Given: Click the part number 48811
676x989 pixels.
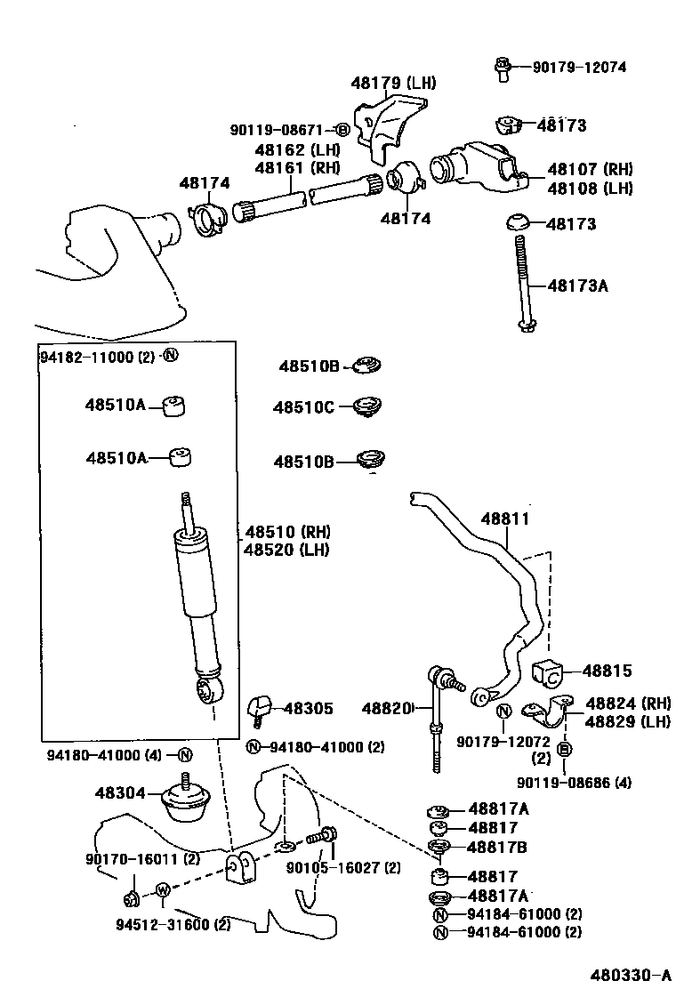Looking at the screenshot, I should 505,519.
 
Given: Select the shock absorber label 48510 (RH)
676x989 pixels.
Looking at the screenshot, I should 287,532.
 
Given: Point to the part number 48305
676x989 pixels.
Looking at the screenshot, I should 308,709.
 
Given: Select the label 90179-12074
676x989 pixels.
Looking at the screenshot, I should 579,67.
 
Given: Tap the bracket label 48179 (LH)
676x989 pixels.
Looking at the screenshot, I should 393,83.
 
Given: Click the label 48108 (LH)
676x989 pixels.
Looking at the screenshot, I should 590,189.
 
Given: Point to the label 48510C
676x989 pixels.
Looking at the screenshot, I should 303,407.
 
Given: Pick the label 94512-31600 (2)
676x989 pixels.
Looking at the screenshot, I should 173,924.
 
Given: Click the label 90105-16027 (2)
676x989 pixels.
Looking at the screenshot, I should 343,868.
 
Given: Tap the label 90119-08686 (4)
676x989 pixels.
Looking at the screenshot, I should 573,783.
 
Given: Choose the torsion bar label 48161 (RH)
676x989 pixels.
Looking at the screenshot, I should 297,167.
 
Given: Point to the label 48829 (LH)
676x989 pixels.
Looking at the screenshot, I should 627,721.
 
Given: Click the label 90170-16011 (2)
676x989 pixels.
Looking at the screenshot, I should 142,858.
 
